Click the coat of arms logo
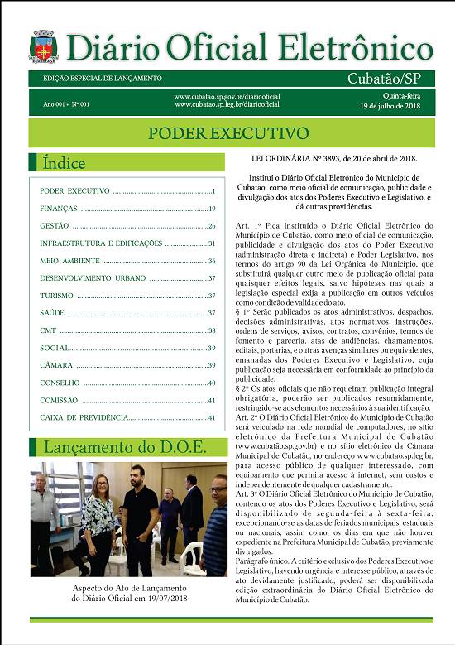click(x=42, y=47)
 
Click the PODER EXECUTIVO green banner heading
click(x=227, y=133)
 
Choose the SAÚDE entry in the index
click(x=52, y=313)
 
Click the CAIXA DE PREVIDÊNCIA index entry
click(x=84, y=417)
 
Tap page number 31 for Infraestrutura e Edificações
click(x=212, y=243)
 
